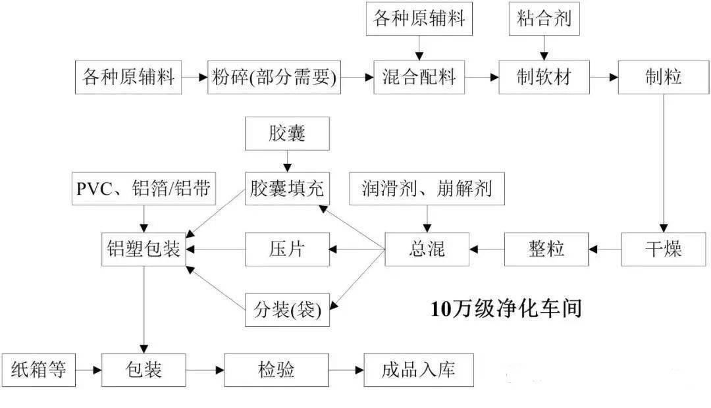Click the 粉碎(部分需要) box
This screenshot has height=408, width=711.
274,77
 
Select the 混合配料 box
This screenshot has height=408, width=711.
419,77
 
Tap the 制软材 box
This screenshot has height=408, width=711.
544,77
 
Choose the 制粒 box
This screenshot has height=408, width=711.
664,77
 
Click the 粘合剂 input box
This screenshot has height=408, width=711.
544,18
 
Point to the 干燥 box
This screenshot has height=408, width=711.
664,249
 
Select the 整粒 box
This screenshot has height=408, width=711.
546,249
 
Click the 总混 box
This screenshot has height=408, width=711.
427,249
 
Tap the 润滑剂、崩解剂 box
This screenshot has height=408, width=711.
427,189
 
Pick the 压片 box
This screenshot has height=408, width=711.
287,249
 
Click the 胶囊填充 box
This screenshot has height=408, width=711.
287,189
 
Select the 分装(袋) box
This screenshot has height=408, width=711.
287,310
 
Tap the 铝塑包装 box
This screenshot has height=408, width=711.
144,249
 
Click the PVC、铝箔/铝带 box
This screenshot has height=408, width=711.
144,189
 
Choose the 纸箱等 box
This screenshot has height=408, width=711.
39,370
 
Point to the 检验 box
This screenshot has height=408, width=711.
276,370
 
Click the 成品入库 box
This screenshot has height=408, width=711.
419,370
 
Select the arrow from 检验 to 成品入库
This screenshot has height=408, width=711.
346,370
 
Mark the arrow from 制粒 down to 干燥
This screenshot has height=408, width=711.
664,164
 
